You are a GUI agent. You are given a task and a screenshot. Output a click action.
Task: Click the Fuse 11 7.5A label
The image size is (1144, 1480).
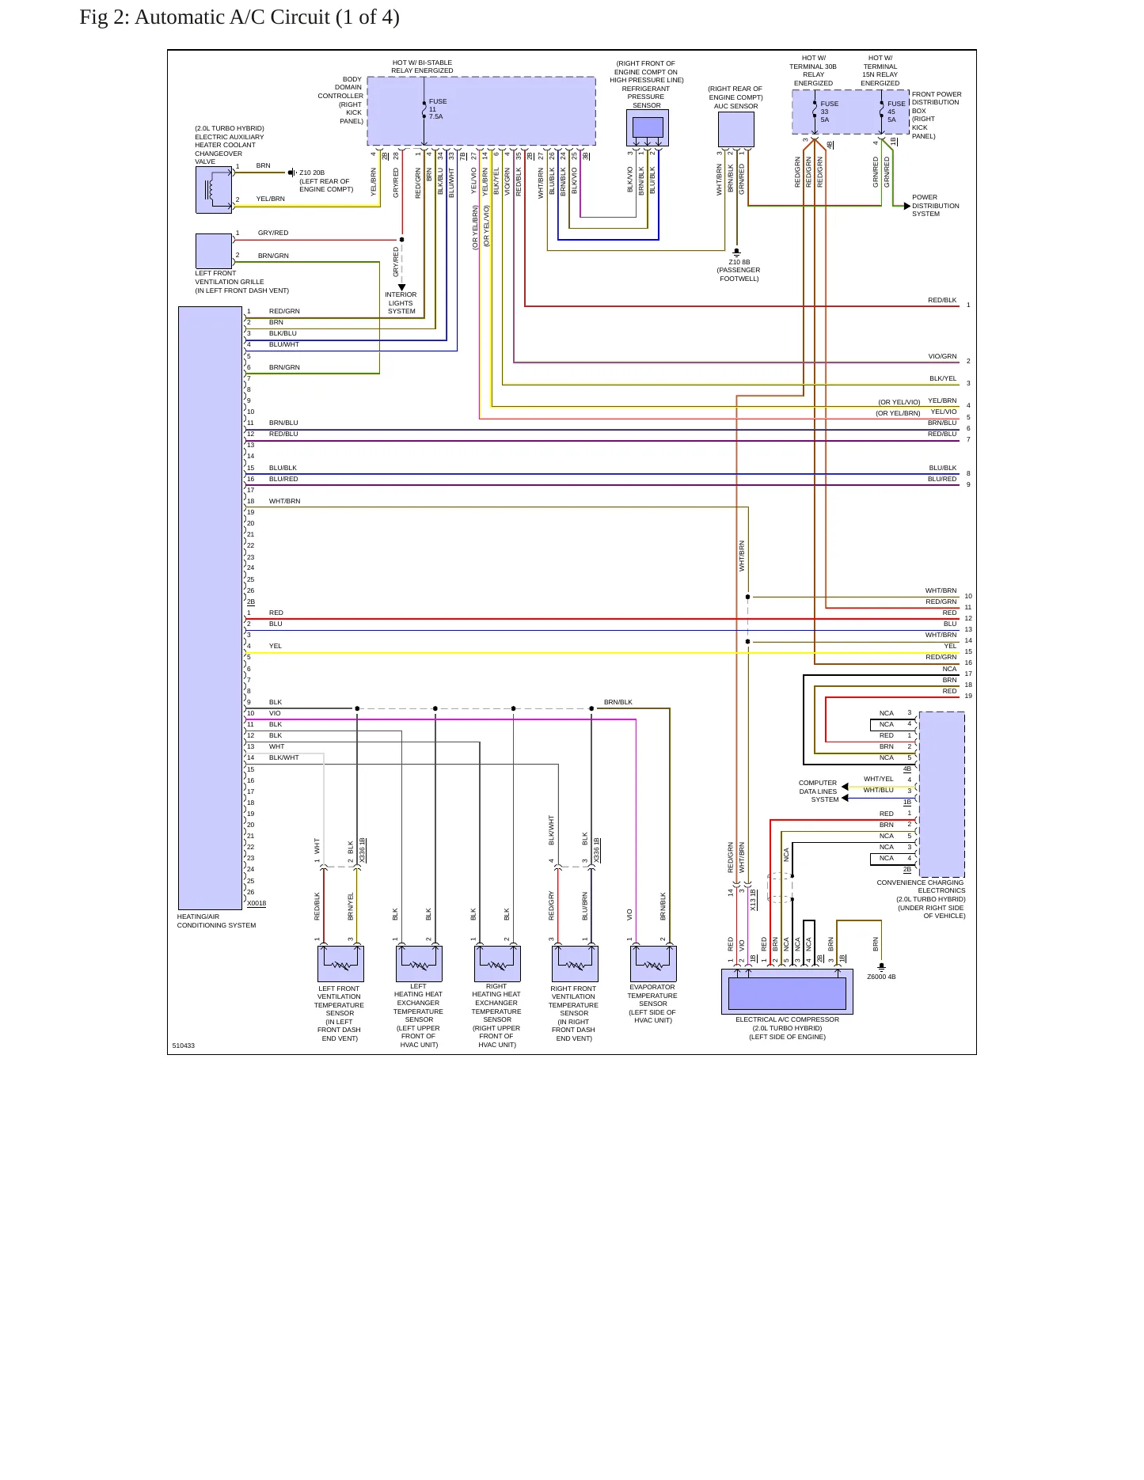point(438,109)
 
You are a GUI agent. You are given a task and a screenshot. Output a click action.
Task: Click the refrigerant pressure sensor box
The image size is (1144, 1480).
point(648,128)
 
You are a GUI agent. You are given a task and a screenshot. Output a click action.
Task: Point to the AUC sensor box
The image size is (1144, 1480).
point(736,129)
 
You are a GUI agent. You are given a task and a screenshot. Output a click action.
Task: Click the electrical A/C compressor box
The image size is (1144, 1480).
point(787,992)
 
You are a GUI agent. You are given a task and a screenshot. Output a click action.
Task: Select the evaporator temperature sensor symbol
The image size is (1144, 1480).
point(653,963)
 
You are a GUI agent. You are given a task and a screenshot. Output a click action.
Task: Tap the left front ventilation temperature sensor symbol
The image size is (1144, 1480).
point(340,963)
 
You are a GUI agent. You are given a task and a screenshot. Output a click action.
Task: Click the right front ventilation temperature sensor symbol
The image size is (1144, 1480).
point(575,963)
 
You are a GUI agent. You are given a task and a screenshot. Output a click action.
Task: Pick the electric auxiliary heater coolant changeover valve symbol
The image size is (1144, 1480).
point(214,190)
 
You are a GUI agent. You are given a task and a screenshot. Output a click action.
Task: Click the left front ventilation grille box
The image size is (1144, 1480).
point(214,251)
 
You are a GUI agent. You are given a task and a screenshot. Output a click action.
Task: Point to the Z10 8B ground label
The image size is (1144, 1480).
point(739,271)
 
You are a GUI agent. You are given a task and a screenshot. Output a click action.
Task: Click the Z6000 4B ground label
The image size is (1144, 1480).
point(881,977)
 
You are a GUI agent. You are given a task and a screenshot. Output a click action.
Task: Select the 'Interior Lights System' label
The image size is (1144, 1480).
point(401,302)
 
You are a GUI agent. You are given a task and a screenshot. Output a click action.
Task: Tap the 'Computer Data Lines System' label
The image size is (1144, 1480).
point(819,791)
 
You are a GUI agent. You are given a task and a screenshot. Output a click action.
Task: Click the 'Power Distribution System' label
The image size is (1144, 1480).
point(935,206)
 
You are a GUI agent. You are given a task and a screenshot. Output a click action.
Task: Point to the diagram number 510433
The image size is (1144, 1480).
point(184,1045)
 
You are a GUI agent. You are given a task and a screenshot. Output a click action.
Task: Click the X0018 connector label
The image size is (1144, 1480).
point(257,903)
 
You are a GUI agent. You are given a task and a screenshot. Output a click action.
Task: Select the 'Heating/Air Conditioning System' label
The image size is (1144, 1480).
point(216,921)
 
